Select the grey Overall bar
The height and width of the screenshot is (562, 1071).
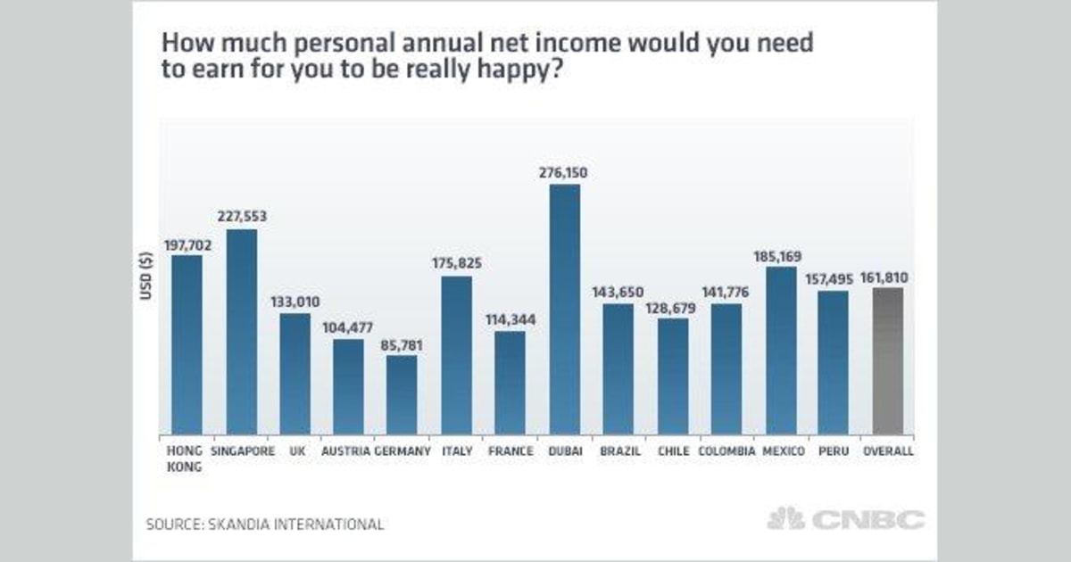pyautogui.click(x=887, y=361)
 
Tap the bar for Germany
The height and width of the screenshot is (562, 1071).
pyautogui.click(x=402, y=395)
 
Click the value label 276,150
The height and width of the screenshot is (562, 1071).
pyautogui.click(x=564, y=172)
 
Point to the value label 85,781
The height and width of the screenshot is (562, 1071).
pyautogui.click(x=402, y=343)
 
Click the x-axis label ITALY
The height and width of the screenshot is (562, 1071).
pyautogui.click(x=457, y=451)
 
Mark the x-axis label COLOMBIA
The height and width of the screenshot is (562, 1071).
pyautogui.click(x=726, y=451)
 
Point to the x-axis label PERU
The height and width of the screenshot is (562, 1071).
pyautogui.click(x=834, y=451)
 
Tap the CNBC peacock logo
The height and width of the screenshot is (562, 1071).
pyautogui.click(x=786, y=519)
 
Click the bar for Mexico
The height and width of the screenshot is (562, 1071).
pyautogui.click(x=781, y=351)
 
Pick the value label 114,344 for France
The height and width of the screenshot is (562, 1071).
pyautogui.click(x=511, y=318)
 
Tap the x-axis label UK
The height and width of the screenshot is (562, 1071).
pyautogui.click(x=296, y=451)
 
